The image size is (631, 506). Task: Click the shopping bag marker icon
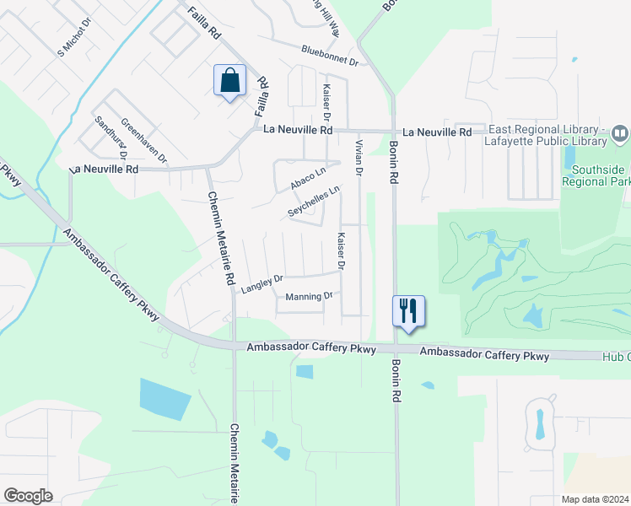click(x=229, y=81)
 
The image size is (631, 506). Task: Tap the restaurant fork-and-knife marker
click(x=408, y=310)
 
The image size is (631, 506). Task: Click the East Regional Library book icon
click(x=620, y=133)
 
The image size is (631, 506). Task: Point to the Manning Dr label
click(x=310, y=297)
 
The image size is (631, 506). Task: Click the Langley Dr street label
click(x=262, y=284)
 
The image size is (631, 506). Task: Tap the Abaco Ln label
click(x=308, y=179)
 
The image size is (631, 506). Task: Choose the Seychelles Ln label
click(x=313, y=202)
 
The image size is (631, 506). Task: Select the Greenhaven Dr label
click(x=143, y=140)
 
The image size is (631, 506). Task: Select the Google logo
click(x=28, y=496)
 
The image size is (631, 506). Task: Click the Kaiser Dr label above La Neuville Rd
click(x=326, y=101)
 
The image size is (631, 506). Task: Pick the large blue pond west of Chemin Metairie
click(x=165, y=400)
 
